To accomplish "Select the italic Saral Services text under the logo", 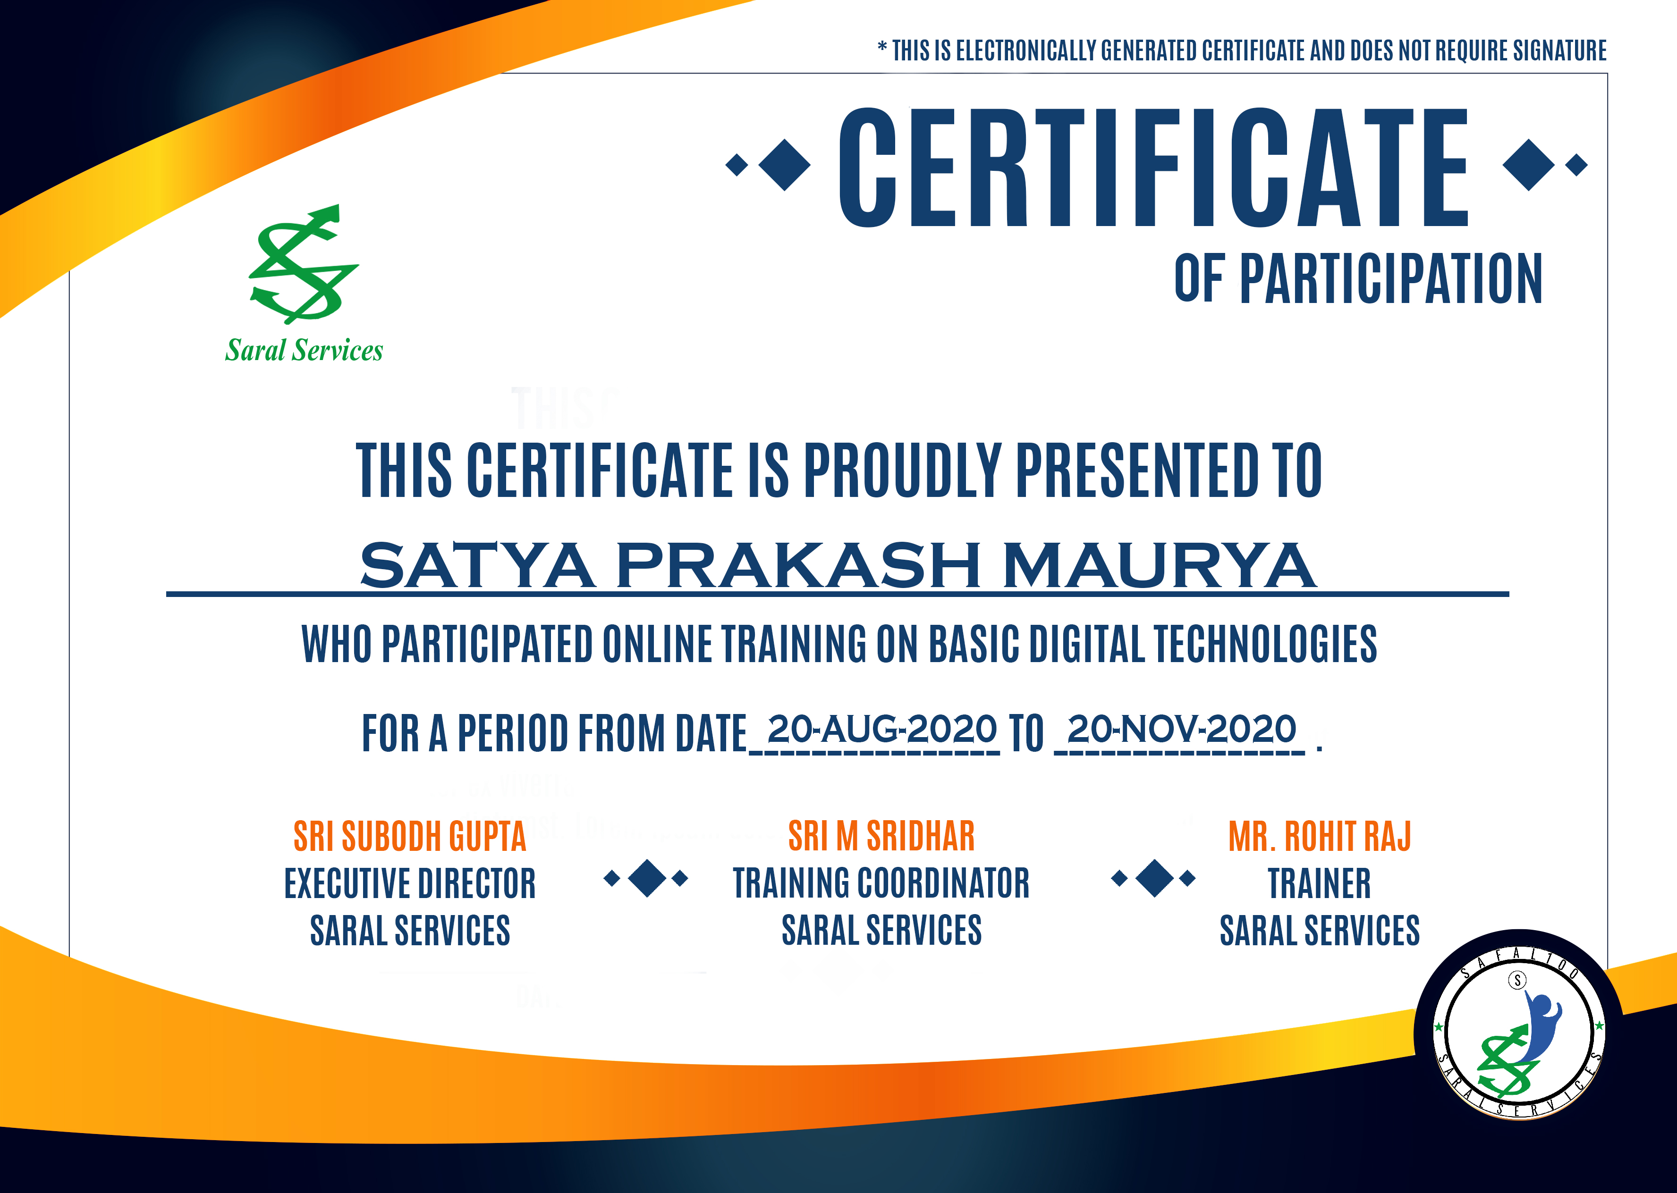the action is pos(304,351).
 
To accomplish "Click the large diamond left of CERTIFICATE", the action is pos(784,165).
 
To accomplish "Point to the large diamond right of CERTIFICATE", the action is pos(1529,165).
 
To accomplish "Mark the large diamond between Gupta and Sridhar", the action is pos(647,878).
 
